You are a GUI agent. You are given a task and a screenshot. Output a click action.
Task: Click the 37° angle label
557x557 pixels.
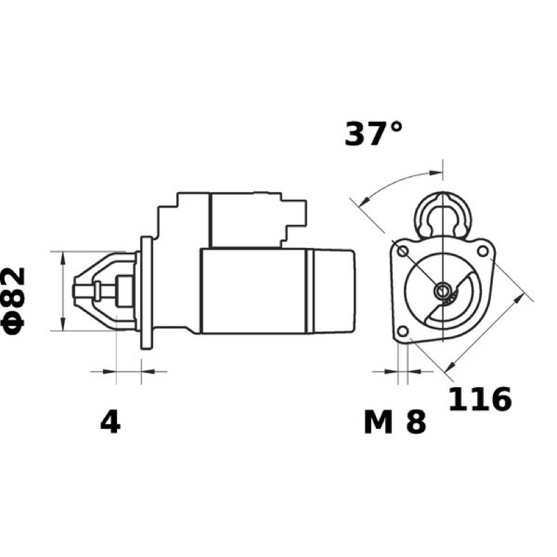click(373, 134)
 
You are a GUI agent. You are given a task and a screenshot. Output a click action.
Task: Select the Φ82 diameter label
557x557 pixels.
click(15, 301)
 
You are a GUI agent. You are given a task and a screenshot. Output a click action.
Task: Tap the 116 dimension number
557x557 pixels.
click(480, 398)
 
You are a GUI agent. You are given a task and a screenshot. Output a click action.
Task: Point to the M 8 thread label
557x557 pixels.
click(395, 423)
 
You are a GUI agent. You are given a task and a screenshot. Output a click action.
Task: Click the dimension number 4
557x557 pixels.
click(111, 423)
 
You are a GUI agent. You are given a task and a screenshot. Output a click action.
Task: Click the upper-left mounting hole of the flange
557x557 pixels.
click(402, 252)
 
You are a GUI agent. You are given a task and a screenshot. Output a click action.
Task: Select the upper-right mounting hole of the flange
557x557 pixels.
click(483, 251)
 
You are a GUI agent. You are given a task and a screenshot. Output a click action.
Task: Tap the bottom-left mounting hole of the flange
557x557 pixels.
click(402, 332)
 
